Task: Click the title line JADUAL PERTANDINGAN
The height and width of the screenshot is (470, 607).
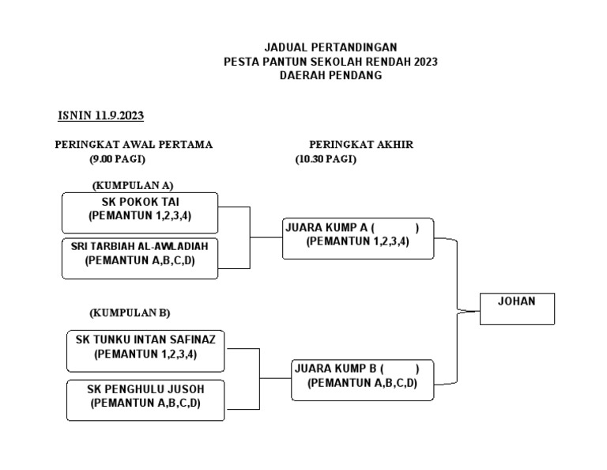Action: [330, 47]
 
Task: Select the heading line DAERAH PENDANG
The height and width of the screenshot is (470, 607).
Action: [330, 76]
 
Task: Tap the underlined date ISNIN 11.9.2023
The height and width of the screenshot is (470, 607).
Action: [100, 116]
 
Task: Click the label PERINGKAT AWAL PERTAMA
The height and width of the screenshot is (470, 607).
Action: [133, 145]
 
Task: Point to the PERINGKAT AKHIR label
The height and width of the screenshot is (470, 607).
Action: [360, 145]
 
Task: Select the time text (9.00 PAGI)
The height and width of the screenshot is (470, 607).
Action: [117, 159]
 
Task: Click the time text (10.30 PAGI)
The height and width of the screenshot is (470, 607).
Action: [326, 159]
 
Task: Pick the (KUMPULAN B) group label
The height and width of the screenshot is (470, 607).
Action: [130, 313]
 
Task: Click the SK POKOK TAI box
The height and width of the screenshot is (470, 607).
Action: [140, 212]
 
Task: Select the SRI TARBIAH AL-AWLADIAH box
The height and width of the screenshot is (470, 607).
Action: [140, 258]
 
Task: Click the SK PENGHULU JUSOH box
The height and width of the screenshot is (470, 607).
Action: [145, 400]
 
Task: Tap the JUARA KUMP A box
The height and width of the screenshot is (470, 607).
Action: [358, 237]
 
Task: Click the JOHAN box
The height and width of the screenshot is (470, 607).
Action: [517, 309]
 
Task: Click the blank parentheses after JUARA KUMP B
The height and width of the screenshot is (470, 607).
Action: [400, 369]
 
